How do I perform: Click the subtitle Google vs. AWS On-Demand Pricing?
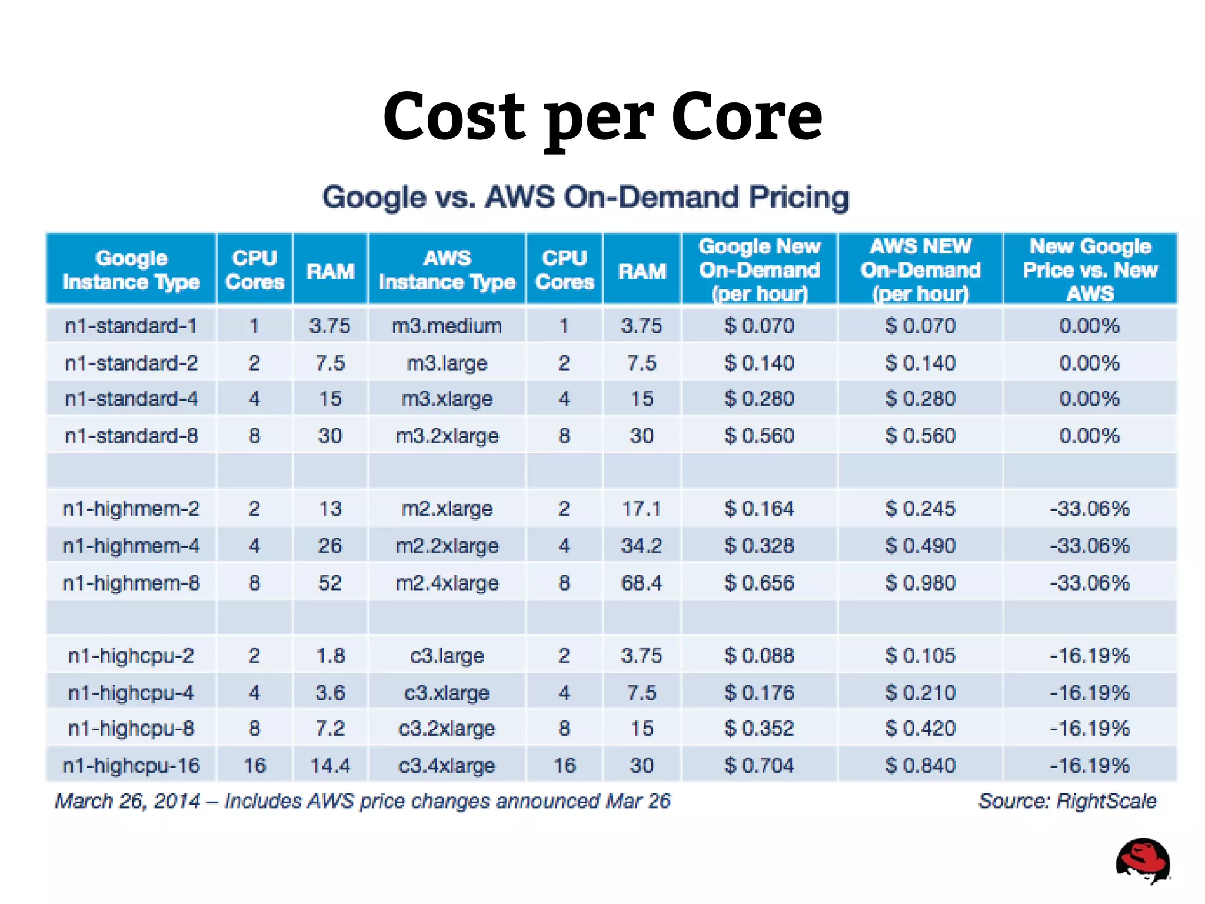pos(585,197)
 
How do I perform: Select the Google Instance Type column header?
pos(131,269)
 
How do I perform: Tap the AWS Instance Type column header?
pos(447,269)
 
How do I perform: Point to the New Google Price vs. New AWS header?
pos(1090,269)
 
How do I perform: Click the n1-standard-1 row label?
pos(131,325)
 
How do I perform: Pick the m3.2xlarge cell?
pos(447,435)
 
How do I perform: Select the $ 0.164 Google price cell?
pos(759,508)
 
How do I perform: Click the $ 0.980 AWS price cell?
pos(920,582)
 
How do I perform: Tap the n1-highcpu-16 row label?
pos(131,765)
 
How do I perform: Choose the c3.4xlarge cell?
pos(447,765)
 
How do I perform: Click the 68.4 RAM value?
pos(641,582)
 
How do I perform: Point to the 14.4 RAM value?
pos(330,765)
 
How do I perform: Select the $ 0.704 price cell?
pos(759,765)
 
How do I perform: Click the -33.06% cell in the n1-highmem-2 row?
pos(1090,508)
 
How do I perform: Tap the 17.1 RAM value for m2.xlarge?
pos(641,508)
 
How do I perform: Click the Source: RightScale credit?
pos(1067,800)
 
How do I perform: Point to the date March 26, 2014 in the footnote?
pos(127,800)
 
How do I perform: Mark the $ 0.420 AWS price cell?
pos(920,728)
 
